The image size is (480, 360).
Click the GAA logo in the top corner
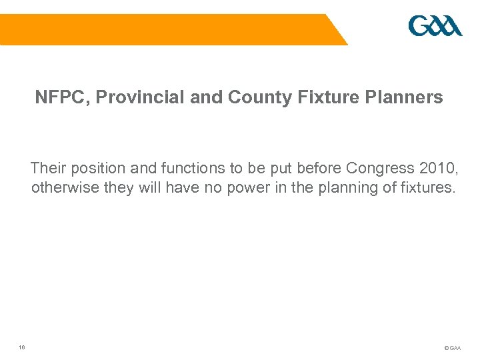tap(435, 27)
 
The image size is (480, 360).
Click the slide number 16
tap(22, 346)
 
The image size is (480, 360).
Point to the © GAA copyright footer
tap(451, 347)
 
